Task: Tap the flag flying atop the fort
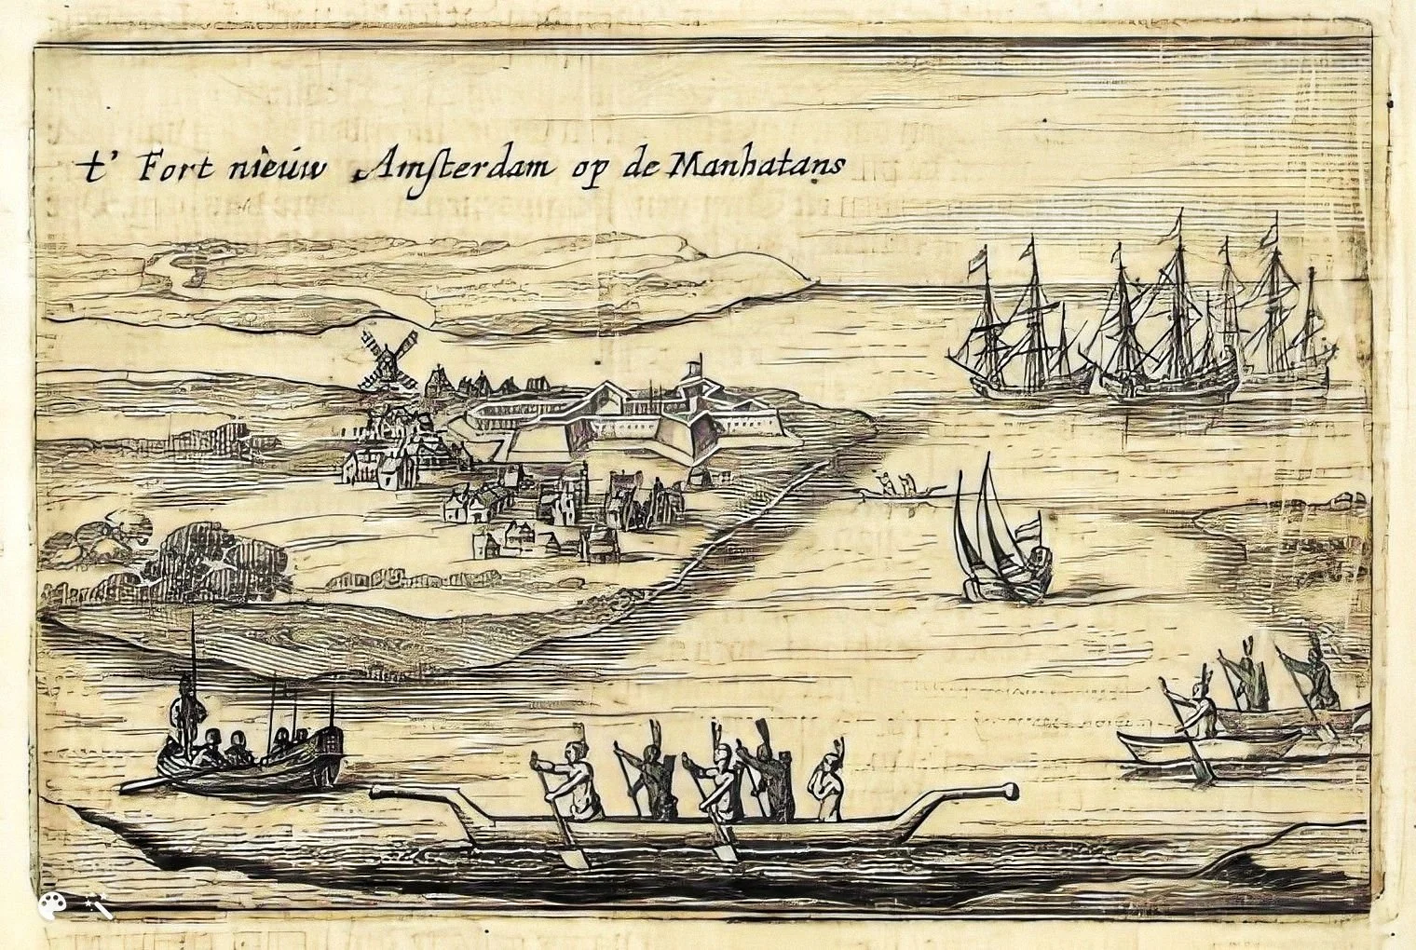[x=694, y=364]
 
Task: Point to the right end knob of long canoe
[x=1008, y=793]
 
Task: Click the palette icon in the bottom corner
[x=48, y=904]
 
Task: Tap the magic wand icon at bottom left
[x=97, y=904]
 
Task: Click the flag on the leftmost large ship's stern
[x=974, y=265]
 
